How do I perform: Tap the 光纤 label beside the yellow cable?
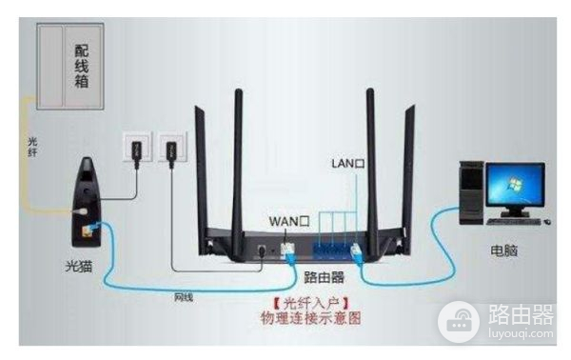point(31,147)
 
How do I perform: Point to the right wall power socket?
point(172,150)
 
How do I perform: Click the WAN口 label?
point(290,221)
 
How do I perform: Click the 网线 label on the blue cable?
point(183,297)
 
